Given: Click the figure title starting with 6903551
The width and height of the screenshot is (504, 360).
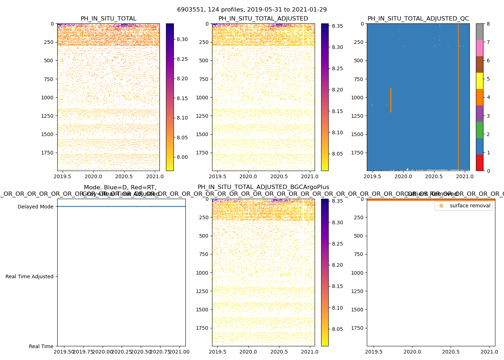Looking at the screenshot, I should (252, 10).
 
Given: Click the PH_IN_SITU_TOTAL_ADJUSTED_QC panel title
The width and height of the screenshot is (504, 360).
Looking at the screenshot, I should (418, 19).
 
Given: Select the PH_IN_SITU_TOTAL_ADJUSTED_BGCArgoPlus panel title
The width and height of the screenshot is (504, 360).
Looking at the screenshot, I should (263, 187).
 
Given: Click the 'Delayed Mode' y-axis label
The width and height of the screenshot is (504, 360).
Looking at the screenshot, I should (35, 207).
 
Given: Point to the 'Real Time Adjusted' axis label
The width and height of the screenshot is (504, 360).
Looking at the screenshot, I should (29, 276).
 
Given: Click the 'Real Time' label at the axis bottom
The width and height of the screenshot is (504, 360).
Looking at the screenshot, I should (41, 346).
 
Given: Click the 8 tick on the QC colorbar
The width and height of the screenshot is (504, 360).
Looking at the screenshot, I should (488, 24).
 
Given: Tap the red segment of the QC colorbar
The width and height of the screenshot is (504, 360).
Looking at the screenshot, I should (480, 162).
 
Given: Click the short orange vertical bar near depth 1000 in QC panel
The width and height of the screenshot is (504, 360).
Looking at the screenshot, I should (391, 100).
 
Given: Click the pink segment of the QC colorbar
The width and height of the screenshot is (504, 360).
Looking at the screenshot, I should (480, 48).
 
